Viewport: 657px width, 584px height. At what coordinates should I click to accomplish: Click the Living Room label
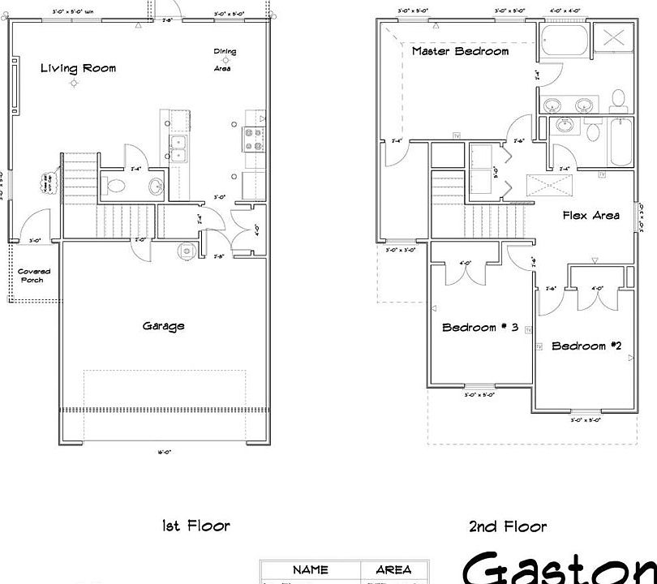pos(78,68)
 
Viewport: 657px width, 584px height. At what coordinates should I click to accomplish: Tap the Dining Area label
pos(225,60)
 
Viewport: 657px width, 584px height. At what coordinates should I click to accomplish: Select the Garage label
pos(163,326)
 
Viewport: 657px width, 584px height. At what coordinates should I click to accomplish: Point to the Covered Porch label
pos(33,276)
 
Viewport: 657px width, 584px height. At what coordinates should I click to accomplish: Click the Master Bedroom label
pos(460,51)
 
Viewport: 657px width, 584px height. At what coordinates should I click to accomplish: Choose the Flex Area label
pos(591,215)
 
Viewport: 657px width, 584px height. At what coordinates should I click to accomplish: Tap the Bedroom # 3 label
pos(479,328)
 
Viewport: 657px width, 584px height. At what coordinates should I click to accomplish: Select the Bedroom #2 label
pos(586,346)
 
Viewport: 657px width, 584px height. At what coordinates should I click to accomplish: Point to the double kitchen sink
pos(178,148)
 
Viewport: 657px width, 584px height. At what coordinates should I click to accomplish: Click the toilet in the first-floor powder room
pos(116,186)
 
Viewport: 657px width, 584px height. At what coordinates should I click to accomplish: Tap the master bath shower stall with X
pos(613,39)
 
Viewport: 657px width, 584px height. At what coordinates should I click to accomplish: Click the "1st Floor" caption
pos(196,526)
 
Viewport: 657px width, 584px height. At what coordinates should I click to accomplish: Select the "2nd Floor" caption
pos(507,526)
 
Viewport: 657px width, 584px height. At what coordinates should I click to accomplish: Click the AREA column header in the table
pos(393,570)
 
